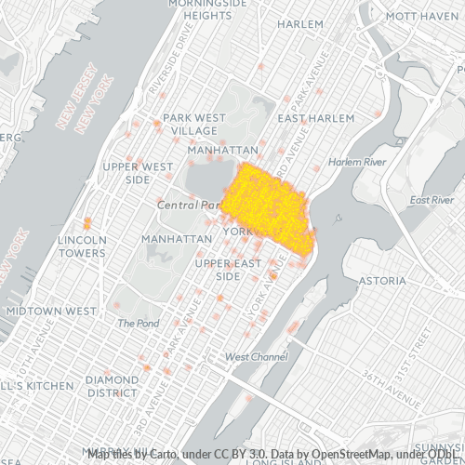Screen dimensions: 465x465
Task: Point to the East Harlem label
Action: (316, 119)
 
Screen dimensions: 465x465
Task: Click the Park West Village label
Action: (194, 124)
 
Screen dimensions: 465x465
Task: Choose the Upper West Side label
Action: (139, 172)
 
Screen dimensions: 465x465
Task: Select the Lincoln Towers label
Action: (82, 246)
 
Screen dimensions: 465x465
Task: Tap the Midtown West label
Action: (50, 311)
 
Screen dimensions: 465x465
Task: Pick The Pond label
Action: (139, 323)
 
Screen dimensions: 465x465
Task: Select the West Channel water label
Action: (256, 357)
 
